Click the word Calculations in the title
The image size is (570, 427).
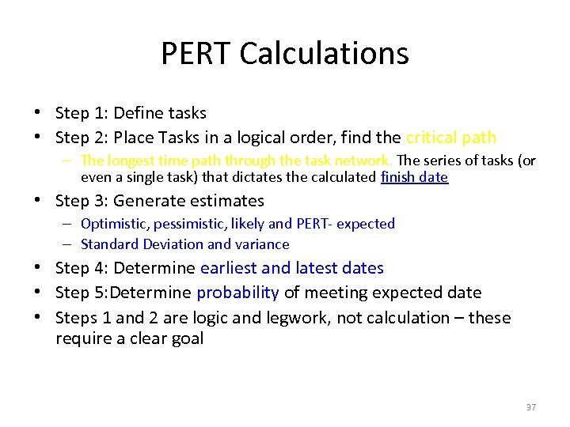click(x=324, y=54)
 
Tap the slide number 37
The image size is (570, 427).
click(x=530, y=406)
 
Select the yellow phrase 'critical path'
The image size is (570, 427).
click(x=451, y=138)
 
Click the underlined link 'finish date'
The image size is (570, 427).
click(x=414, y=177)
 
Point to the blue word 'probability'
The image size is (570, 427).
click(x=237, y=293)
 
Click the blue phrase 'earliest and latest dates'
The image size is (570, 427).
click(x=292, y=268)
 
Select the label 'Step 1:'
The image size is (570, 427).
click(x=81, y=113)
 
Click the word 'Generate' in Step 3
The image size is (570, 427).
click(x=146, y=201)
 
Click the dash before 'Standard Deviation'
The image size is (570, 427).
click(x=70, y=244)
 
